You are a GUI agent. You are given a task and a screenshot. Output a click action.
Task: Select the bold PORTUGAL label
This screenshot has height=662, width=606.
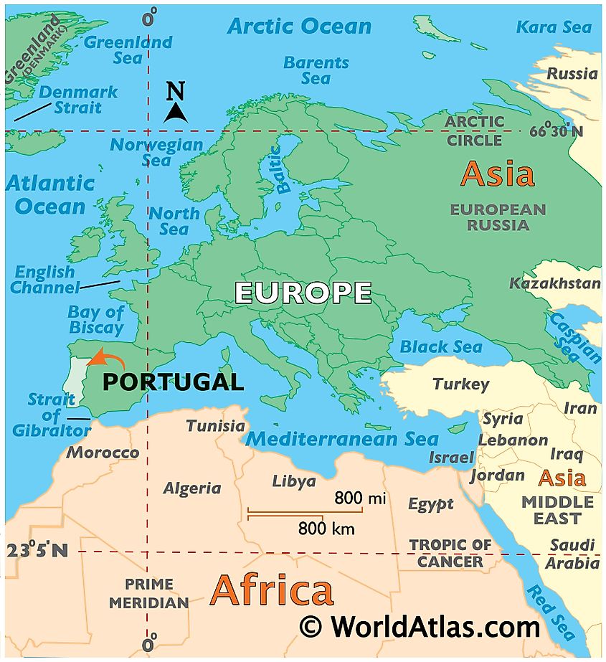173,382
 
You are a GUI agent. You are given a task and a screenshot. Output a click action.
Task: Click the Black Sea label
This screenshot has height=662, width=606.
441,347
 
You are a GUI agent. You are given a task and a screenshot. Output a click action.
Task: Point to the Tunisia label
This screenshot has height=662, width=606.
215,426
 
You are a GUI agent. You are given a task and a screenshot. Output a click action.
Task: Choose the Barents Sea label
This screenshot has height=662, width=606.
316,70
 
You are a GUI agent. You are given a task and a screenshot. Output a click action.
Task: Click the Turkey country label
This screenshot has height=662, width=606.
460,384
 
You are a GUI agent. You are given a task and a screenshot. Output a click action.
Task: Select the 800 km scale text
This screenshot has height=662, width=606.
326,529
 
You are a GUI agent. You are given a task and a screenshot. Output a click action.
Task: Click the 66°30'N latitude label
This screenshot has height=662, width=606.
557,131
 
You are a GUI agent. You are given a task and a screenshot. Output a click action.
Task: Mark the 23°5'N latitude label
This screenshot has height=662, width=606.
37,551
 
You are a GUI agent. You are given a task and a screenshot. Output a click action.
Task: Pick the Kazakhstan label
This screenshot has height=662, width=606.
554,283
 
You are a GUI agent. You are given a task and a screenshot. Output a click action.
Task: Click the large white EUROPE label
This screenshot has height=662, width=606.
303,293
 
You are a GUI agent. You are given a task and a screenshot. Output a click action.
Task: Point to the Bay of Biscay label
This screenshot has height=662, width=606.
96,321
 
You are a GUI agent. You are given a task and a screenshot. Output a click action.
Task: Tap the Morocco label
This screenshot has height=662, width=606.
103,453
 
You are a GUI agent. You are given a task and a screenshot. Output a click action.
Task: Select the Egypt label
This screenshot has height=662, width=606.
431,504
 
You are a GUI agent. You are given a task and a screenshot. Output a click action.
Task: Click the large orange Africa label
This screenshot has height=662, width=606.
272,591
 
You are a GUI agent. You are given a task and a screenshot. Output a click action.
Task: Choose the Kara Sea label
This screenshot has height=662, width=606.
554,27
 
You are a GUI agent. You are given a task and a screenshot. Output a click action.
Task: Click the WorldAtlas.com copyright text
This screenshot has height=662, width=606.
420,627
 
